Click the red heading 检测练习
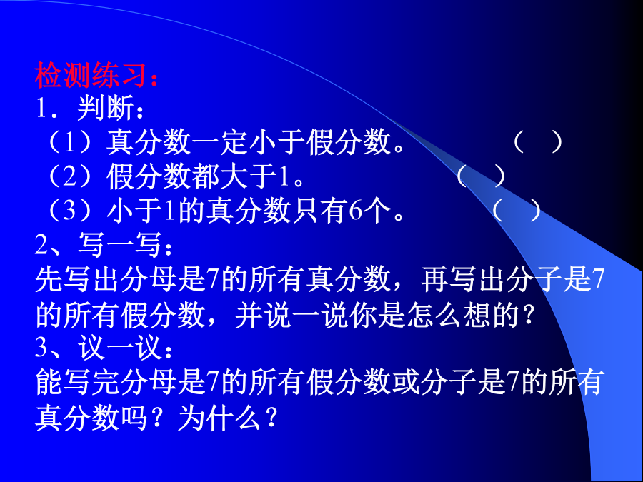click(x=91, y=74)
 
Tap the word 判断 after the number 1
click(x=106, y=109)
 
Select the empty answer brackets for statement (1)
click(x=537, y=142)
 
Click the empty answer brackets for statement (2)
click(x=480, y=176)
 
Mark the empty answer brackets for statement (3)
click(x=517, y=211)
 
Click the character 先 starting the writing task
click(x=49, y=279)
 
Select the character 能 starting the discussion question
click(x=49, y=382)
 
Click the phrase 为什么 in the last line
click(x=219, y=417)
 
